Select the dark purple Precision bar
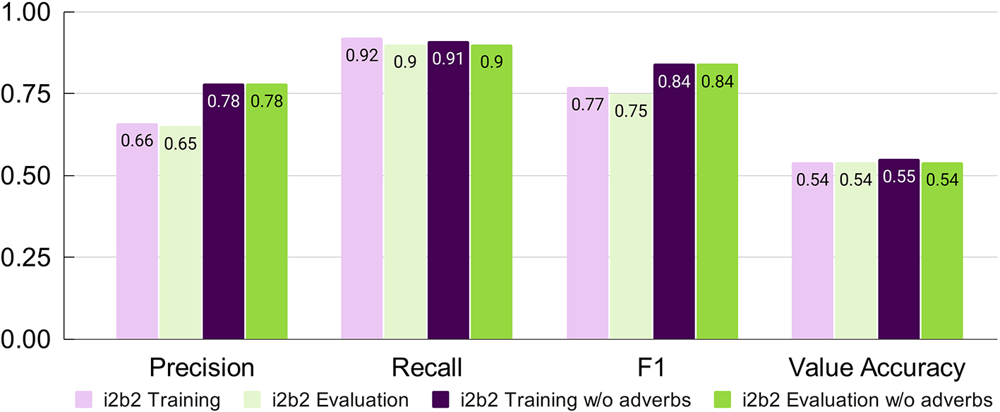(x=223, y=212)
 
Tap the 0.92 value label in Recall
(x=362, y=56)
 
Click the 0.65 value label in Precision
(x=180, y=144)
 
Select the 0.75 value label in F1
(x=631, y=111)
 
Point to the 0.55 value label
(x=899, y=177)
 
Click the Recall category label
(x=427, y=368)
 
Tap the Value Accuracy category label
(x=876, y=368)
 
